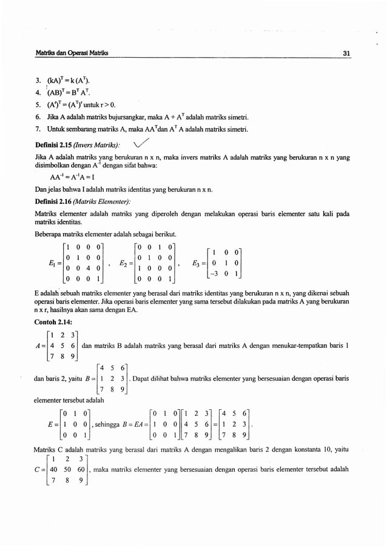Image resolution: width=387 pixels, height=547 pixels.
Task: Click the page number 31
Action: tap(346, 53)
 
